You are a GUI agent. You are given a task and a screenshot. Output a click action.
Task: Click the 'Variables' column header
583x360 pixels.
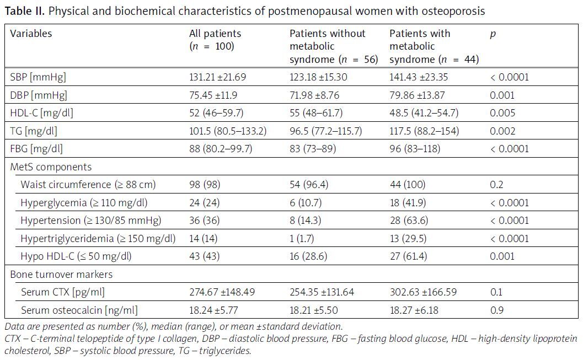point(31,34)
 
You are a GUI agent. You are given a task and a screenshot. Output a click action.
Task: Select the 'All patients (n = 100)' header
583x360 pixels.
point(215,40)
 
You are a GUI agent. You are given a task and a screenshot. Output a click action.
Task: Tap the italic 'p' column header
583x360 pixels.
point(493,34)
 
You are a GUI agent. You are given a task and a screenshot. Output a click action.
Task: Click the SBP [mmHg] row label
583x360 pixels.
point(38,77)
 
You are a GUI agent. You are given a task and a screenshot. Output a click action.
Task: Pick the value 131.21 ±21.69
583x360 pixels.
point(220,77)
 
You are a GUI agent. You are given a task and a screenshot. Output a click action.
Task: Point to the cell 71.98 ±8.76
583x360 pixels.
point(317,95)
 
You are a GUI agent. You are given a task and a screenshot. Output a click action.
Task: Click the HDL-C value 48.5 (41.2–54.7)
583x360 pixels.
point(424,113)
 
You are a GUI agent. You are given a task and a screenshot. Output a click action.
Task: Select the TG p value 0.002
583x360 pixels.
point(502,131)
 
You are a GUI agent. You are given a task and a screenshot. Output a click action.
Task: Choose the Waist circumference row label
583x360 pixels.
point(88,185)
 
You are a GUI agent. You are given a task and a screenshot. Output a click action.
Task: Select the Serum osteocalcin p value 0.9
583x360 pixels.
point(496,310)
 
